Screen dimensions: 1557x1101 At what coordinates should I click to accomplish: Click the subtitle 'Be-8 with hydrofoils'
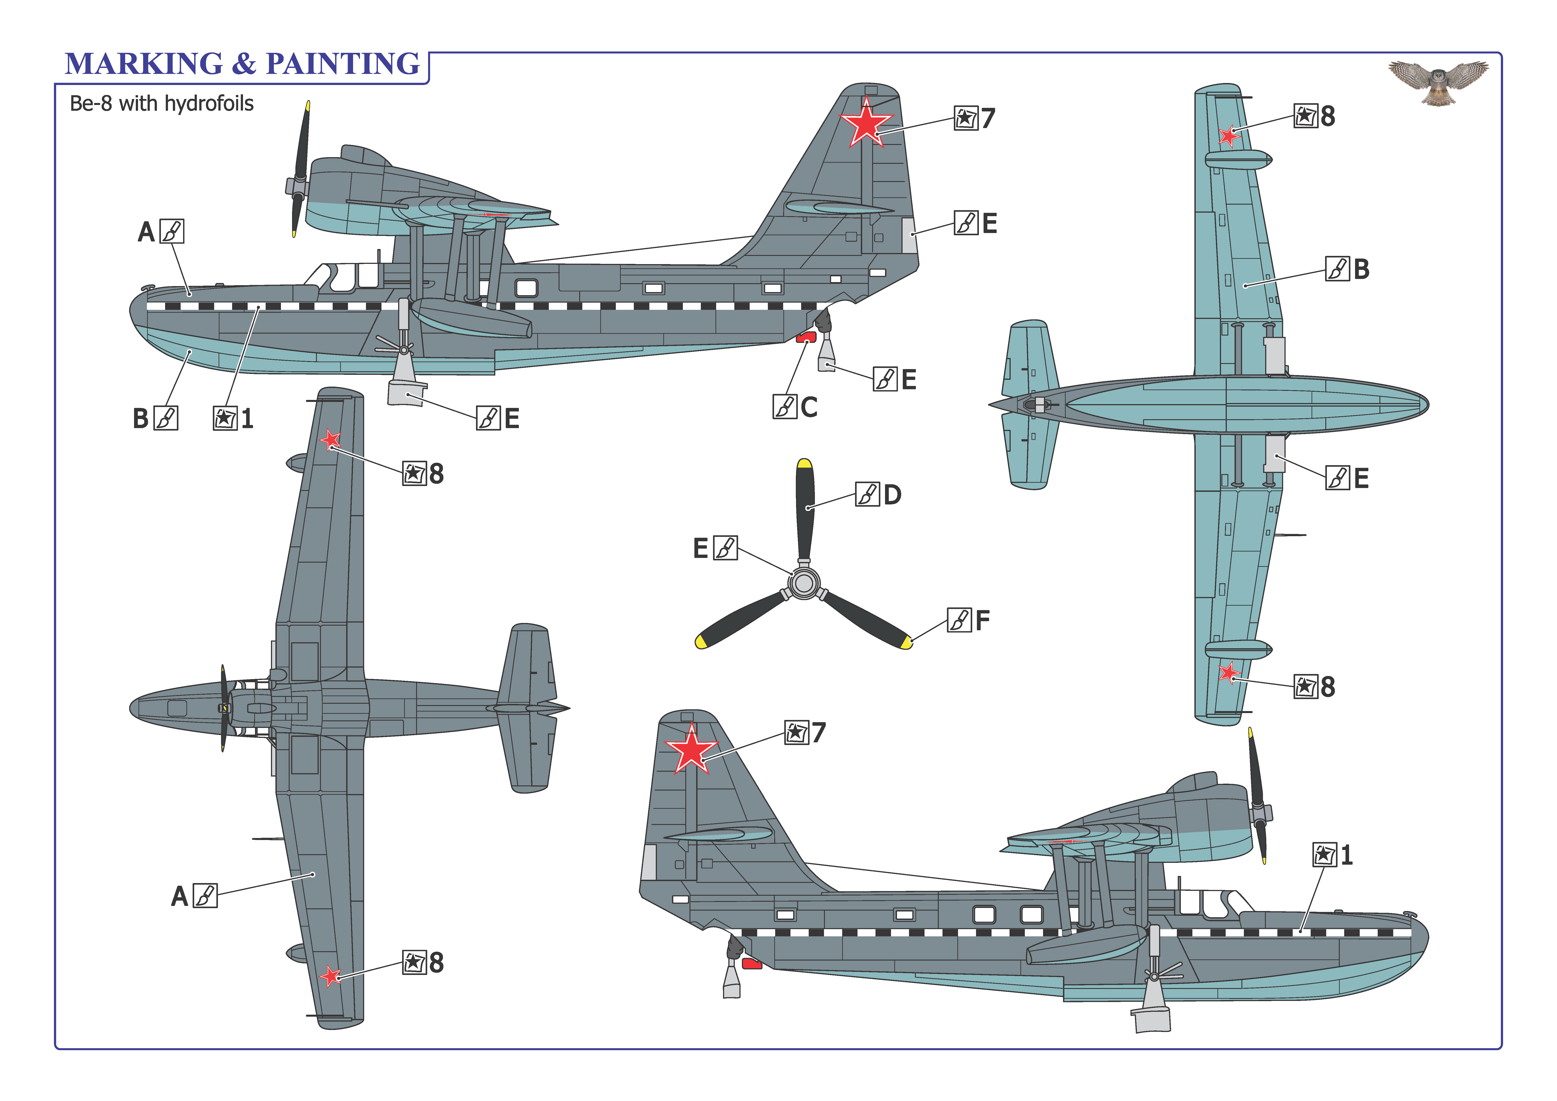tap(161, 104)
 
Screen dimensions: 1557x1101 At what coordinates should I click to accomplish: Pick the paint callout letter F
tap(983, 620)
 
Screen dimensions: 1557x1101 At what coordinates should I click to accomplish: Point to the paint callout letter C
tap(809, 407)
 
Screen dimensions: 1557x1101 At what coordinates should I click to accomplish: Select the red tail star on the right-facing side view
tap(691, 749)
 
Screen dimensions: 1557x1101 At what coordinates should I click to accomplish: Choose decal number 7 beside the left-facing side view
tap(988, 119)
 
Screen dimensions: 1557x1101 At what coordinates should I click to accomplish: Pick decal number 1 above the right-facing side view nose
tap(1347, 855)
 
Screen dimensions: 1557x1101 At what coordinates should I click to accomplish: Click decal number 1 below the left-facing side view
tap(247, 419)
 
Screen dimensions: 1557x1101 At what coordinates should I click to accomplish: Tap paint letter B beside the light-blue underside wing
tap(1361, 269)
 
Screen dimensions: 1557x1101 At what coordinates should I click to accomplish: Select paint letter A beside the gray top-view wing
tap(179, 896)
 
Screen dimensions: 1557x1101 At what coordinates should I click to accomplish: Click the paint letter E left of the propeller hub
tap(701, 548)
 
